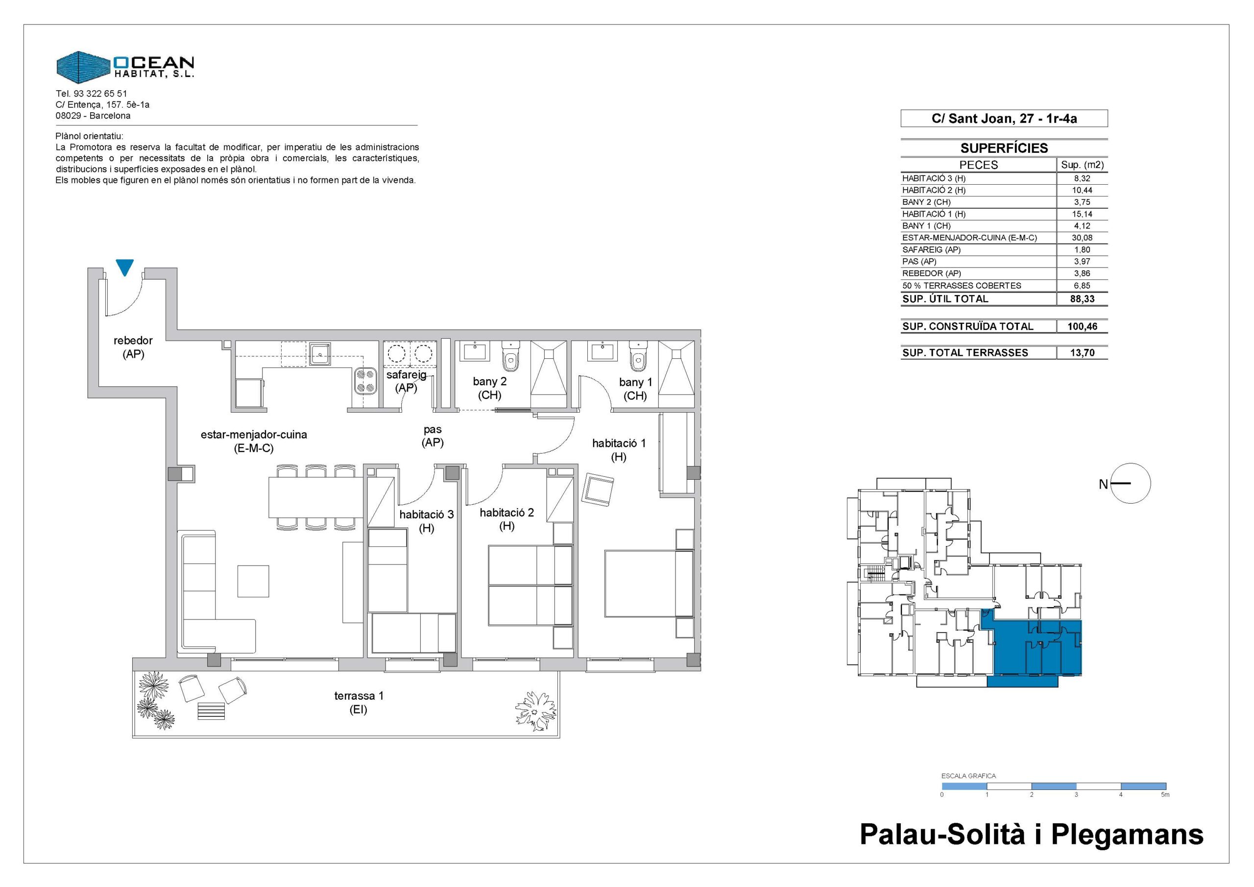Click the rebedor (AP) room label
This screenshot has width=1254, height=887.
[x=133, y=347]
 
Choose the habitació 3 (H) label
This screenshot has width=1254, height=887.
[x=427, y=521]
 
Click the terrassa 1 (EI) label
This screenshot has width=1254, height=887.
[x=359, y=703]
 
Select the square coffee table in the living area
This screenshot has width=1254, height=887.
[x=253, y=581]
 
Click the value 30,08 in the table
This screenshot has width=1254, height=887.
[x=1082, y=238]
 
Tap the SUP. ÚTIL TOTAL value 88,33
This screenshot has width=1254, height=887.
[x=1082, y=299]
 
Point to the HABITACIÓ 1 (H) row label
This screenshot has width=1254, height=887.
[x=934, y=214]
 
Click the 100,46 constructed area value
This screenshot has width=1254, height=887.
[x=1082, y=327]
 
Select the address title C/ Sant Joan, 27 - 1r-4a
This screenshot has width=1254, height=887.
[x=1004, y=119]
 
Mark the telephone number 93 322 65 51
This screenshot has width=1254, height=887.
[x=100, y=94]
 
